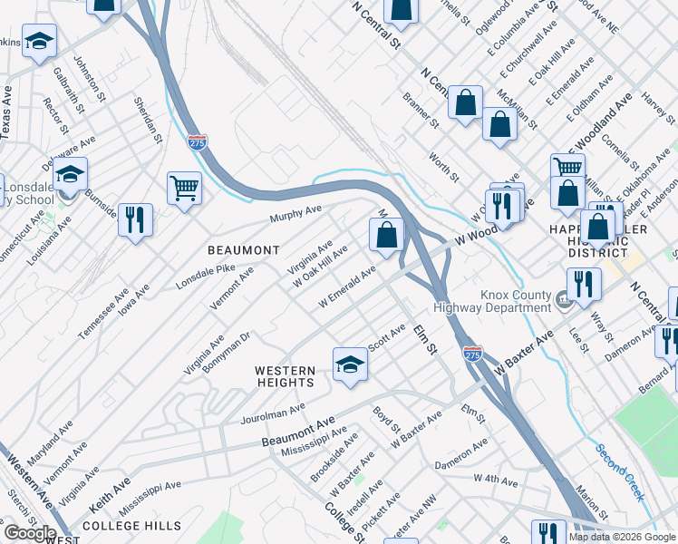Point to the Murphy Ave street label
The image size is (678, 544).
coord(295,214)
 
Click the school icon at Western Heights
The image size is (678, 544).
coord(350,364)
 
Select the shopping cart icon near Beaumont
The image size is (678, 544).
coord(184,189)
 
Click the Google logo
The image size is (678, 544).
coord(29,533)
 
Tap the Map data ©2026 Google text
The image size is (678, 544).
coord(622,537)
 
